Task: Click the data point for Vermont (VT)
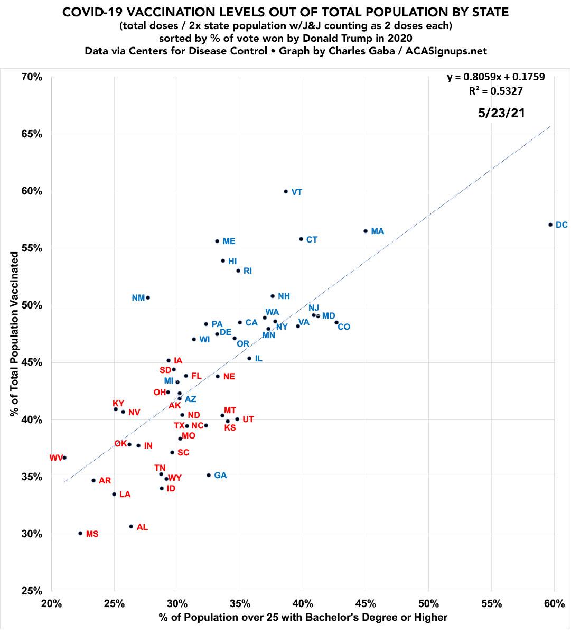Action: coord(286,191)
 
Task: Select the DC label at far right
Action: coord(561,225)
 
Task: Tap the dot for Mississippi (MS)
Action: coord(80,533)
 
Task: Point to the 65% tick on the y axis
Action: coord(32,134)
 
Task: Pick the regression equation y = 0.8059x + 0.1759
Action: coord(496,77)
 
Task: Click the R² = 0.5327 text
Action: coord(496,91)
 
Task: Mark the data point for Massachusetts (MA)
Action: coord(366,231)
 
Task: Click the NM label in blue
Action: coord(138,298)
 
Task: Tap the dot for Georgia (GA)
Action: coord(209,475)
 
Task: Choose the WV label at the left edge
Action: coord(56,458)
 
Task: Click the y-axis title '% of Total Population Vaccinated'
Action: coord(14,333)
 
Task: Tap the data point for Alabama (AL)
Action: coord(131,526)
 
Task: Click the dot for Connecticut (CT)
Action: coord(301,239)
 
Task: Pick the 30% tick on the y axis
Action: coord(32,534)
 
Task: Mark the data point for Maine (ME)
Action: coord(217,241)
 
